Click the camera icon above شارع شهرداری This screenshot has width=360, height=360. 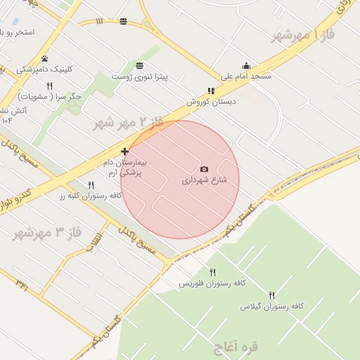tap(204, 169)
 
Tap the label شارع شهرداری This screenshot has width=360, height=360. tap(205, 180)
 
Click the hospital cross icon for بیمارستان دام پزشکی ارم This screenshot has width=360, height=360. tap(124, 151)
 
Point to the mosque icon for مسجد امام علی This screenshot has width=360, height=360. tap(245, 66)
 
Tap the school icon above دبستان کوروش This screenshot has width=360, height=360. tap(211, 91)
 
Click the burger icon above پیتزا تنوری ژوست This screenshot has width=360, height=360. tap(140, 65)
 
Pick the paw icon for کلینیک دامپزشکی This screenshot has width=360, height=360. tap(45, 59)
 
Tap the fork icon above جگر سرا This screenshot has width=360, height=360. tap(49, 86)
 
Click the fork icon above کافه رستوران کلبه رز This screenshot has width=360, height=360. tap(91, 185)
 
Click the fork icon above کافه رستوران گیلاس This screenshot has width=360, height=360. tap(271, 295)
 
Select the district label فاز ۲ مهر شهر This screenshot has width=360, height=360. tap(128, 122)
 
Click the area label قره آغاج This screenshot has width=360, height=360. tap(235, 347)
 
